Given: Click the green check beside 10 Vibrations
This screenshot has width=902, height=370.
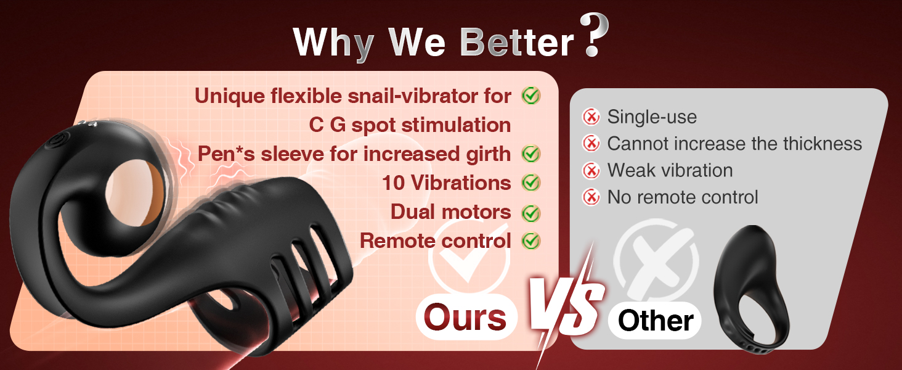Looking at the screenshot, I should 530,183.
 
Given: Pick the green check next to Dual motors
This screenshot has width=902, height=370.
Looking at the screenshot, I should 530,212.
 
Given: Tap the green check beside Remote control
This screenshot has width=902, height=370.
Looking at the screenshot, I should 530,240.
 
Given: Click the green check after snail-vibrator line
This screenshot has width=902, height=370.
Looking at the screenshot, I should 530,96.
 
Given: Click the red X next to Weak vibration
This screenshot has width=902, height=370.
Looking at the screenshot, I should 591,170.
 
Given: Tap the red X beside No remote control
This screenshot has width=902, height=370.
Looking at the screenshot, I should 591,197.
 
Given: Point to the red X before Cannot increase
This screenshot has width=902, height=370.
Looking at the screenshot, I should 591,143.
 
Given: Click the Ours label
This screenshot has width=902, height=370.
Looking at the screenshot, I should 466,318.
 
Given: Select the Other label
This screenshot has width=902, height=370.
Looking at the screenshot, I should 655,321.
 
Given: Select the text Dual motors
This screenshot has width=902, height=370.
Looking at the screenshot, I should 450,212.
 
